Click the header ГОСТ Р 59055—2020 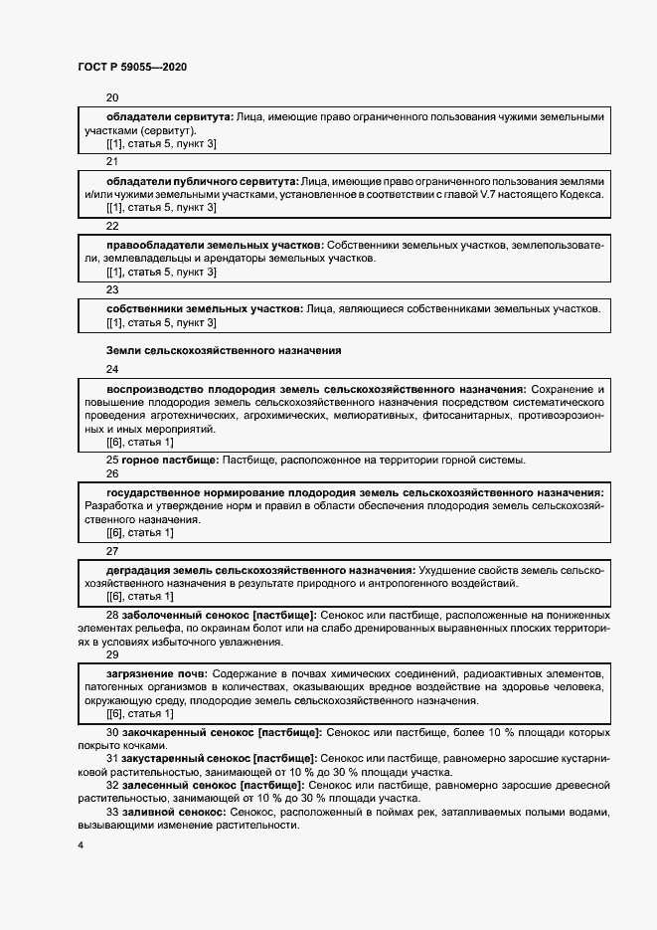pos(131,68)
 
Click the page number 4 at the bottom pos(80,844)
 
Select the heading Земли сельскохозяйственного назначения pos(224,351)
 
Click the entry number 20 pos(111,97)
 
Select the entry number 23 pos(111,289)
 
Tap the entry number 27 pos(111,550)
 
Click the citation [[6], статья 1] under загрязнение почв pos(139,714)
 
